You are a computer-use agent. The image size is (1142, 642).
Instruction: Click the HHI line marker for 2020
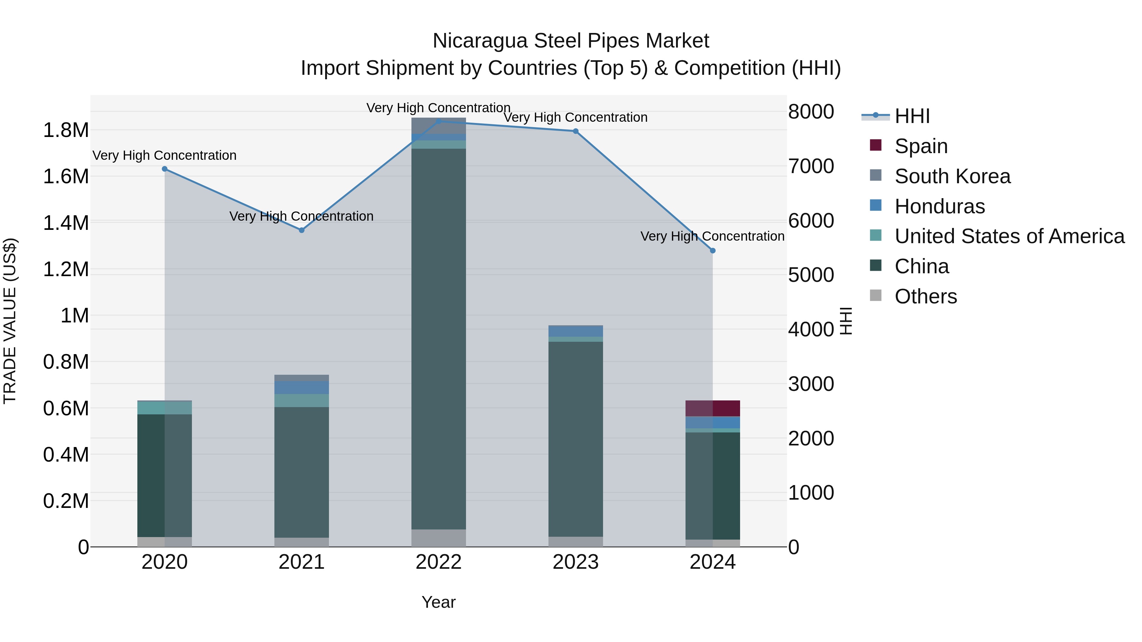click(x=164, y=169)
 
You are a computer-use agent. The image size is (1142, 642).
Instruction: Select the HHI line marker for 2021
click(x=301, y=230)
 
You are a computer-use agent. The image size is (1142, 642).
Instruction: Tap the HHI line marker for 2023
click(x=575, y=131)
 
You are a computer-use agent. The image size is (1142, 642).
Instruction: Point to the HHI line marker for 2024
click(x=712, y=251)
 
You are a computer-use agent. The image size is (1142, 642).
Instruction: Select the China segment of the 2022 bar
click(x=438, y=339)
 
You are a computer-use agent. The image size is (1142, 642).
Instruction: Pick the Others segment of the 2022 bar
click(x=438, y=538)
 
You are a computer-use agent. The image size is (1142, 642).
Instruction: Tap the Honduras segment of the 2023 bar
click(x=575, y=331)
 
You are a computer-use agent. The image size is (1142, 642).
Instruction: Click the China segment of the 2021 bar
click(x=301, y=472)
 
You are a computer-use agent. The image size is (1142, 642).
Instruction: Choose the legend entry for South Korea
click(x=952, y=176)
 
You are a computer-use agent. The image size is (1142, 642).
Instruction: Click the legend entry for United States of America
click(x=1009, y=236)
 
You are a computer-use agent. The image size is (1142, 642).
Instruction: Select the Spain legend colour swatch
click(x=876, y=145)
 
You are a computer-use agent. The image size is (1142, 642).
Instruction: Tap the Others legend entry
click(x=926, y=296)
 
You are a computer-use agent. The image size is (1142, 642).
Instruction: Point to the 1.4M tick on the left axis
click(x=66, y=223)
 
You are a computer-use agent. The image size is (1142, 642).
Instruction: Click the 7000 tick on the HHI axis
click(x=811, y=166)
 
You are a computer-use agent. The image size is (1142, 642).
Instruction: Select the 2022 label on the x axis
click(x=438, y=562)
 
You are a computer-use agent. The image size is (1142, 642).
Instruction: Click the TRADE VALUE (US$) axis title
click(x=10, y=321)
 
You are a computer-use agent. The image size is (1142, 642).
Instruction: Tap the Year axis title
click(x=438, y=602)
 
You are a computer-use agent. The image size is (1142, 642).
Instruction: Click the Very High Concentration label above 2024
click(x=712, y=236)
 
